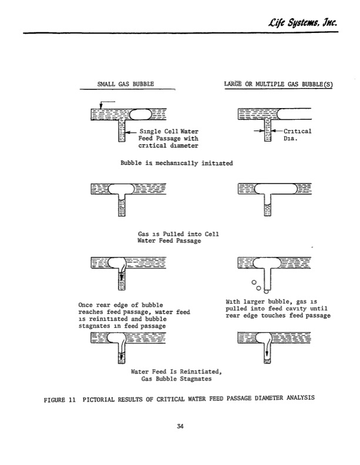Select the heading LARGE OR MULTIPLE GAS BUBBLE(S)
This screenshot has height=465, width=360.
pyautogui.click(x=278, y=84)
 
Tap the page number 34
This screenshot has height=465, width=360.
pyautogui.click(x=180, y=427)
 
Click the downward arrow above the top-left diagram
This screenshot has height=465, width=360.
pyautogui.click(x=101, y=106)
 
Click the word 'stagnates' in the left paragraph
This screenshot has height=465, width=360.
pyautogui.click(x=96, y=326)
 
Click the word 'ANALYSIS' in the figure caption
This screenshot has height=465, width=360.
pyautogui.click(x=299, y=397)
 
